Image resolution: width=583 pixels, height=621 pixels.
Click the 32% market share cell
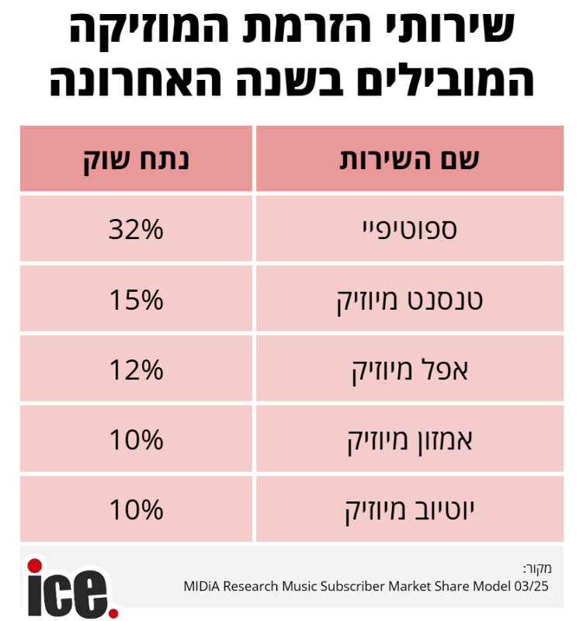click(x=137, y=230)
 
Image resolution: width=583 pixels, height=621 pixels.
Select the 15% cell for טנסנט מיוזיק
click(x=137, y=300)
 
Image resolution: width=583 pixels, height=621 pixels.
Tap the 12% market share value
click(x=137, y=369)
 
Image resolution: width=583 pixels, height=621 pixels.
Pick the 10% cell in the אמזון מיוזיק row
click(x=137, y=440)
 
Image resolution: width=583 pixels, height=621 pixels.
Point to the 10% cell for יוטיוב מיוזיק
click(x=137, y=510)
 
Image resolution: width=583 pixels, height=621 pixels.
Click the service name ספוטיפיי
click(x=410, y=230)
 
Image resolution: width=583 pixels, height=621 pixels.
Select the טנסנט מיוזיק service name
click(x=410, y=300)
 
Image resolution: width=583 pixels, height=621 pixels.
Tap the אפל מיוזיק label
click(x=410, y=369)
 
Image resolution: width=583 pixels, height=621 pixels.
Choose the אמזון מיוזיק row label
click(x=410, y=440)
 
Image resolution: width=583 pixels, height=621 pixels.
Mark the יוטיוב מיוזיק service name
click(x=410, y=510)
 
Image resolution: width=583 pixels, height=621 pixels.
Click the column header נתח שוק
click(x=137, y=160)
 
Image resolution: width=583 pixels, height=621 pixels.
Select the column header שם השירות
click(x=410, y=160)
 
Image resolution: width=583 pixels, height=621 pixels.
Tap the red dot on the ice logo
click(x=35, y=564)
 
